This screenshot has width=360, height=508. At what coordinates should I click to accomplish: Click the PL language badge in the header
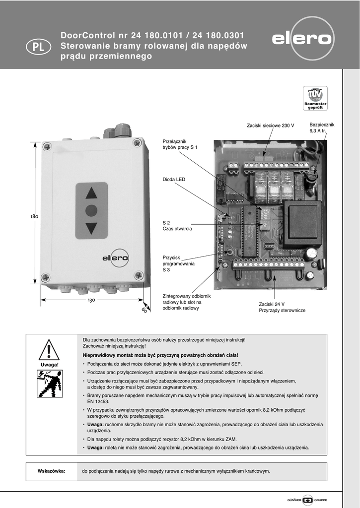tap(38, 47)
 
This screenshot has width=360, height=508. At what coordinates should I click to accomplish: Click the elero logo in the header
tap(302, 39)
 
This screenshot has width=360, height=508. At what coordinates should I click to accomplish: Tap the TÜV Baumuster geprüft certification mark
tap(315, 98)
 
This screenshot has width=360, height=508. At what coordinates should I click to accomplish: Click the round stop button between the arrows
tap(91, 210)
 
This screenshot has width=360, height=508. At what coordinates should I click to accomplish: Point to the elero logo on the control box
tap(115, 257)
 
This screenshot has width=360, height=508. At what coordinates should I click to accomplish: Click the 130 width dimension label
tap(91, 301)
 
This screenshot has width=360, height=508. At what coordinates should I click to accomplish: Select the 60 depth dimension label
tap(144, 310)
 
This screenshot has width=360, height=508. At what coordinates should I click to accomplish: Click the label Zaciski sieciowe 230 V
tap(270, 126)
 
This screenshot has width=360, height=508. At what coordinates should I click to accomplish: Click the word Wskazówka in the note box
tap(52, 471)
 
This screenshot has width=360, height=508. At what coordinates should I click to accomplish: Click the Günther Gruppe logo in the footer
tap(308, 499)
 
